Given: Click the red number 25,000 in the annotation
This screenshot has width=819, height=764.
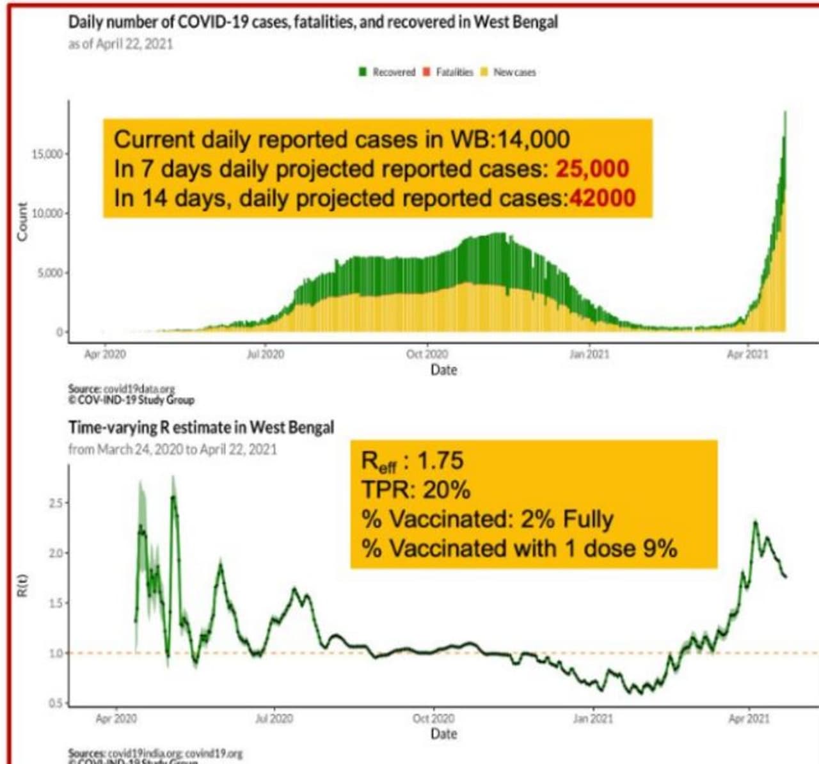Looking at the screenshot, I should (x=592, y=169).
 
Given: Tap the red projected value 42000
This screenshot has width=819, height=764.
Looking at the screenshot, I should (x=602, y=198).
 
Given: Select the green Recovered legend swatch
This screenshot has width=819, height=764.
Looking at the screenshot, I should (x=363, y=72).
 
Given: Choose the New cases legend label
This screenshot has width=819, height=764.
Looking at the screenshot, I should (x=514, y=72).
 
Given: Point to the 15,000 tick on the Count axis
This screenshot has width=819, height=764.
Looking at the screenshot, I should (x=47, y=154).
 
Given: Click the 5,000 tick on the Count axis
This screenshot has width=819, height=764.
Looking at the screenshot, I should (x=49, y=273).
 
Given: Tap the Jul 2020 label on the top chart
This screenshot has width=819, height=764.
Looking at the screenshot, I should (x=265, y=354).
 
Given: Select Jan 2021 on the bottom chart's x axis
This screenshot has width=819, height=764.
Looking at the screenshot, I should (x=592, y=719).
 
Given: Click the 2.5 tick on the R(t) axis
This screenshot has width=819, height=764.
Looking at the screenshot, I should (x=56, y=503).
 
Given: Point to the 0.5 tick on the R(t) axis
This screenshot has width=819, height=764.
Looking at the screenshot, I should (x=56, y=703).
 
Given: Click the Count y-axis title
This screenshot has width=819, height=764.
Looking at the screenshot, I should (x=23, y=221).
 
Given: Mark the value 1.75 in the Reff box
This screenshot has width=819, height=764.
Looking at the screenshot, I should (x=440, y=461).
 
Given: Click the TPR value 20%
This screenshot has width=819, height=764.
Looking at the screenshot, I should (x=446, y=490).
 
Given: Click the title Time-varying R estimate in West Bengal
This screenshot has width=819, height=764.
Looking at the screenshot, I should (x=201, y=427).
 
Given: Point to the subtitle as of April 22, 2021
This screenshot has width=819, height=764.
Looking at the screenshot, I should (x=120, y=44).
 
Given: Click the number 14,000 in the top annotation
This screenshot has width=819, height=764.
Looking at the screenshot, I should (x=534, y=139).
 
